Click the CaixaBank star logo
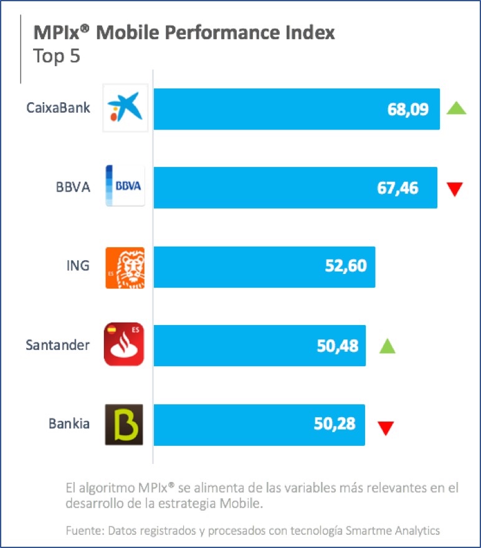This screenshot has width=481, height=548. [125, 108]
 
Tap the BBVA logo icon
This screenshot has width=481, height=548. [125, 186]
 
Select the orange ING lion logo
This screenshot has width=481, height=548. [125, 267]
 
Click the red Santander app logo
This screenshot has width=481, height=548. [124, 344]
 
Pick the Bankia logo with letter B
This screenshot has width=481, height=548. [124, 424]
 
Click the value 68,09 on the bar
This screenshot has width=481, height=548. [408, 110]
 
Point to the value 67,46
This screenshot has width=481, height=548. [406, 187]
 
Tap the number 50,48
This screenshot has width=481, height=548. [338, 345]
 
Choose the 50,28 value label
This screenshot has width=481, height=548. [335, 424]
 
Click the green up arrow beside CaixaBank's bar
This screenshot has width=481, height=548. [457, 108]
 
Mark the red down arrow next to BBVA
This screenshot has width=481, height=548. [455, 189]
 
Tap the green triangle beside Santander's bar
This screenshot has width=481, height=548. [387, 346]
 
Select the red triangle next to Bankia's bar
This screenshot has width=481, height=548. [386, 427]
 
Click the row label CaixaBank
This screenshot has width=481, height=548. [58, 108]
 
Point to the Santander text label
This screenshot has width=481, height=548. [57, 344]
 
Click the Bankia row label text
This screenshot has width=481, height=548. [69, 424]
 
